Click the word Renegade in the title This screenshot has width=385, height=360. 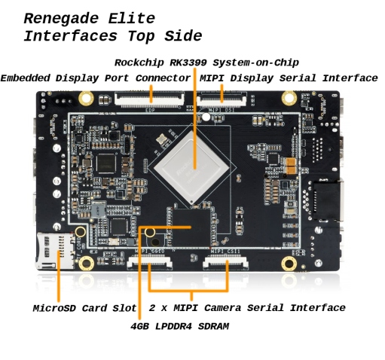click(x=62, y=19)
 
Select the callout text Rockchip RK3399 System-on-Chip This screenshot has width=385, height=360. click(x=206, y=63)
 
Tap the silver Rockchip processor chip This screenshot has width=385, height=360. click(x=191, y=166)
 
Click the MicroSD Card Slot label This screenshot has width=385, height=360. click(x=84, y=308)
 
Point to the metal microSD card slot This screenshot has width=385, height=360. click(x=56, y=251)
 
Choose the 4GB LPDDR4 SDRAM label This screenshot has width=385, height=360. click(x=180, y=326)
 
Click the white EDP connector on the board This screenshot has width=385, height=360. click(x=149, y=99)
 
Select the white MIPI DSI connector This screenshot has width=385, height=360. click(x=222, y=99)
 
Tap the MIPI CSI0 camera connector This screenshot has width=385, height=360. click(x=150, y=261)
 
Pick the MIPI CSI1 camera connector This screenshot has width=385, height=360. click(x=225, y=261)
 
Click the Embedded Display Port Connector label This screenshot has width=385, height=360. click(x=96, y=78)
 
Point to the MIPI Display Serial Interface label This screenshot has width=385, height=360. click(x=289, y=78)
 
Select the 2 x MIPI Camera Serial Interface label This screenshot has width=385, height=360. click(x=247, y=308)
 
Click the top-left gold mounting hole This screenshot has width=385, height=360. click(x=86, y=98)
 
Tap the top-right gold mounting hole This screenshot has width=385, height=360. click(x=289, y=98)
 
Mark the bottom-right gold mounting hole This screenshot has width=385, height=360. click(x=289, y=264)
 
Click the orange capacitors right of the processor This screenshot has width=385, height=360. click(x=291, y=166)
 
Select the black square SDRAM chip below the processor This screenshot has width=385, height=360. click(x=191, y=227)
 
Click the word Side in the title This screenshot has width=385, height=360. click(x=183, y=36)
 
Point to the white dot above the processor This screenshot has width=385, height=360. click(x=206, y=117)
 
